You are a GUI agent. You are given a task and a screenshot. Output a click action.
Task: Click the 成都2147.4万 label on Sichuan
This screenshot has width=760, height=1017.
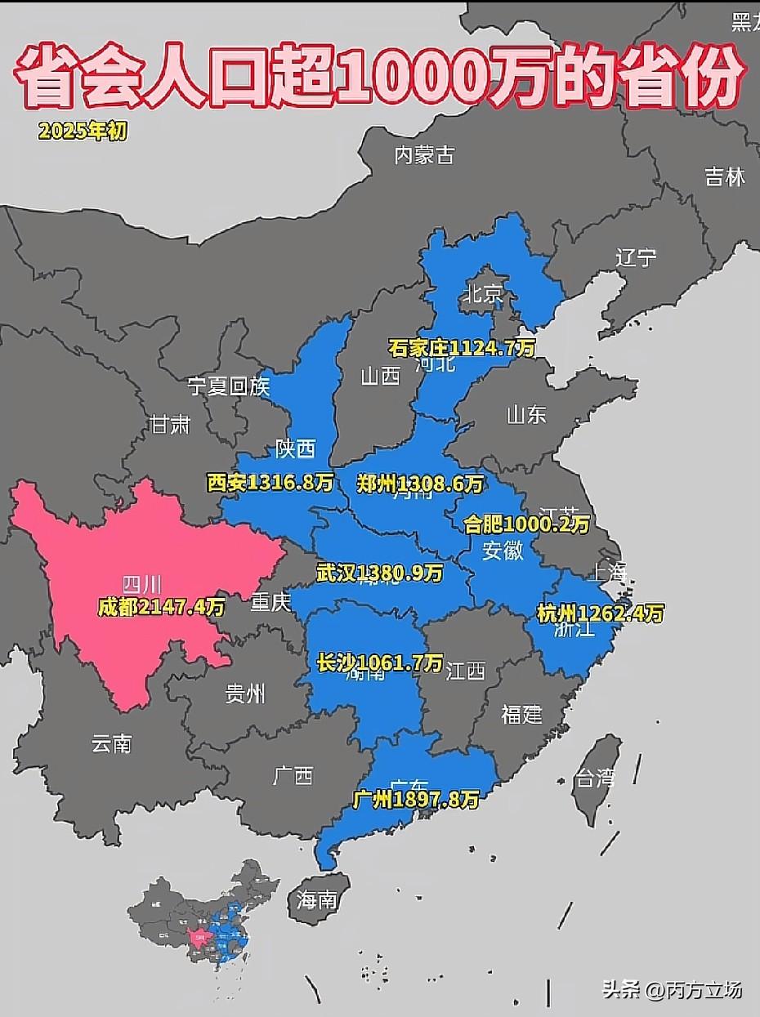161,607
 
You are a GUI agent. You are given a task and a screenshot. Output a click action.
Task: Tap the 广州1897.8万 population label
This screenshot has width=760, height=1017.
416,800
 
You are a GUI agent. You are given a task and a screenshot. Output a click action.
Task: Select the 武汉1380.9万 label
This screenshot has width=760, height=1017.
380,573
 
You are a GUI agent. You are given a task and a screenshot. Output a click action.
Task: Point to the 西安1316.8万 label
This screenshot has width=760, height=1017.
270,483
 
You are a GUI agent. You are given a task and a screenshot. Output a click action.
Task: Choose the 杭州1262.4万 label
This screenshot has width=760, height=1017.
600,613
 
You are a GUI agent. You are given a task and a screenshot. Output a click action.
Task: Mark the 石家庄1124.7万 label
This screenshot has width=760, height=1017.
462,349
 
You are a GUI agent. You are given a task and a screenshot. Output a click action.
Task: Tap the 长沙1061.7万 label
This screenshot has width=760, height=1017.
380,662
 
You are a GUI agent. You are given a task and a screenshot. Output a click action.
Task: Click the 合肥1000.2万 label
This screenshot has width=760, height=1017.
526,524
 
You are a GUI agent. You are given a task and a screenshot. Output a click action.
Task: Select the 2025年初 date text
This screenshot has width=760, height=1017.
83,131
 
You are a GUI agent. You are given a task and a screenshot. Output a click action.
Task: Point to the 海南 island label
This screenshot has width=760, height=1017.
317,900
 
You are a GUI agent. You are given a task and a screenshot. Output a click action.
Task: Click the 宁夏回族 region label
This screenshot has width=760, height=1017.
229,386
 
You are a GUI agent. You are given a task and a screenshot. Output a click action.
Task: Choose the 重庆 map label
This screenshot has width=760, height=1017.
270,602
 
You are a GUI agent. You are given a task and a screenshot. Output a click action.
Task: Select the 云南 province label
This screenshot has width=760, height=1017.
111,743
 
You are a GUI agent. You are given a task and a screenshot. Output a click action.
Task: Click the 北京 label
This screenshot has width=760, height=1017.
483,294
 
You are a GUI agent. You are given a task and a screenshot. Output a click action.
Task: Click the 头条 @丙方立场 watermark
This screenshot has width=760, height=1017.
672,990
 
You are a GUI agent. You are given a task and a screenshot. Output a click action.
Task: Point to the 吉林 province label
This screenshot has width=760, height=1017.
725,176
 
